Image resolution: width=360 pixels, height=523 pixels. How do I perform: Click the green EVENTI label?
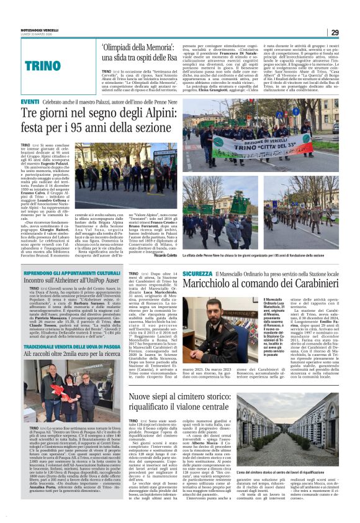29,101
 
